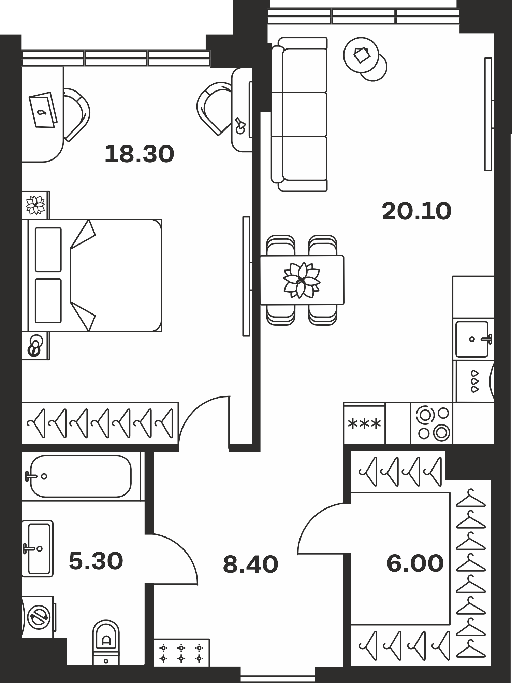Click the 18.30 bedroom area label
click(x=139, y=154)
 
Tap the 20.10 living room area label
click(x=416, y=211)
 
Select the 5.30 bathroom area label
click(x=96, y=561)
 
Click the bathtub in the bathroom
click(x=81, y=476)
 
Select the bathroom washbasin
click(x=38, y=549)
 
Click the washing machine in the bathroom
click(x=38, y=617)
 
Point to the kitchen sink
click(x=473, y=339)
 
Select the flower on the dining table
click(x=302, y=280)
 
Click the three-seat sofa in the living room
click(x=299, y=114)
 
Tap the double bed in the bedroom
click(x=92, y=275)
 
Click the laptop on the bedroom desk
click(x=43, y=110)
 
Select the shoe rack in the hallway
click(x=181, y=653)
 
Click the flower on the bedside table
click(x=35, y=205)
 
